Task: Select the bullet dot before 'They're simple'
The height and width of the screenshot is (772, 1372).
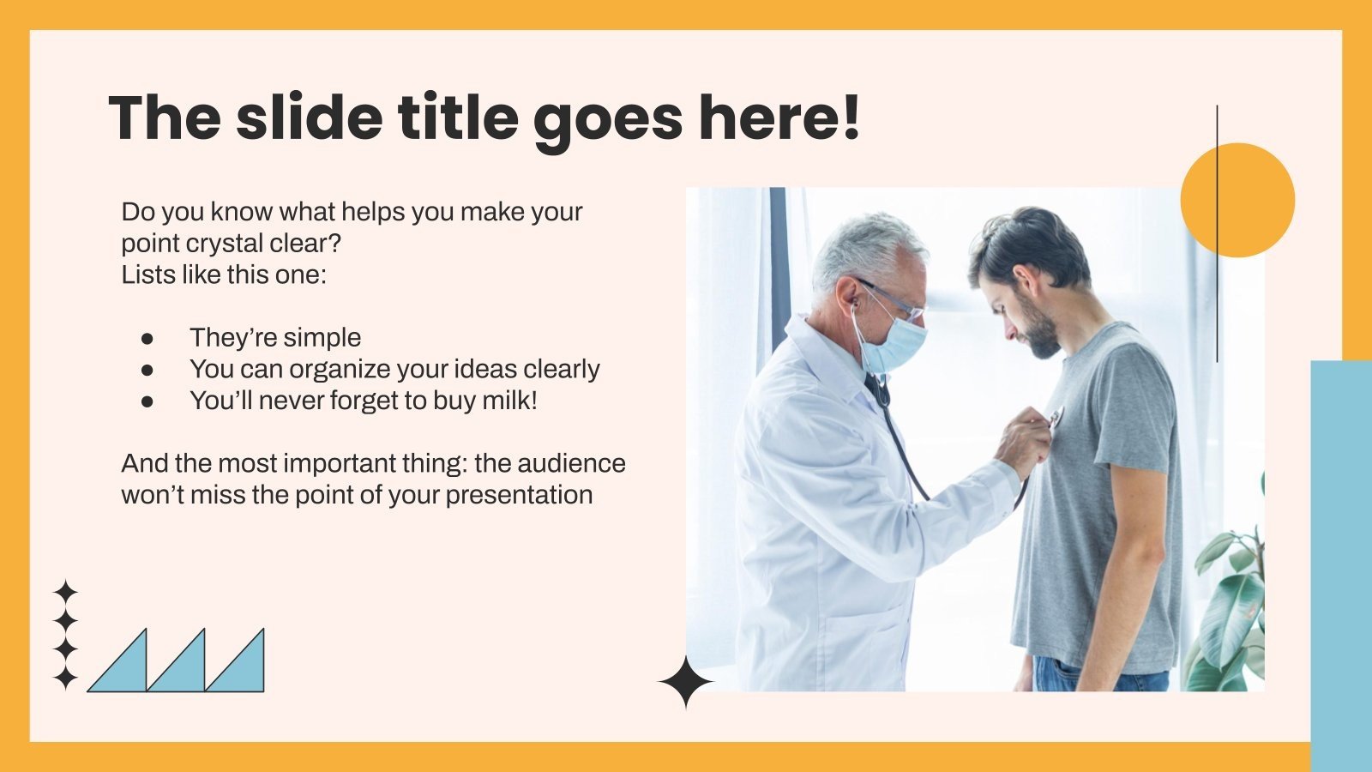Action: [147, 338]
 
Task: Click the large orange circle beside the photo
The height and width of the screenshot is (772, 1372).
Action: [1237, 200]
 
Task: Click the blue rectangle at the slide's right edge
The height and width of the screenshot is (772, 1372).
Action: [1340, 558]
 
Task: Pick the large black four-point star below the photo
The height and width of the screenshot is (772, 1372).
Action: [685, 682]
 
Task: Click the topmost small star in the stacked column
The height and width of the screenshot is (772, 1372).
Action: [65, 591]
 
